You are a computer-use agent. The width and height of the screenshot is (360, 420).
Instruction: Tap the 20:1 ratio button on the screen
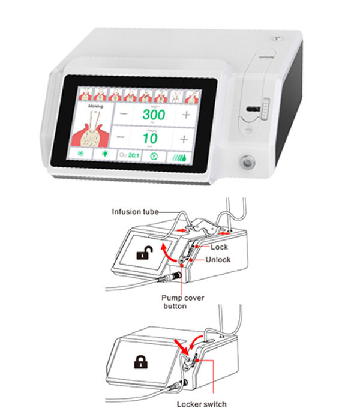(130, 155)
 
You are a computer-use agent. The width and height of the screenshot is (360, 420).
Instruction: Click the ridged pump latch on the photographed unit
(263, 109)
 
